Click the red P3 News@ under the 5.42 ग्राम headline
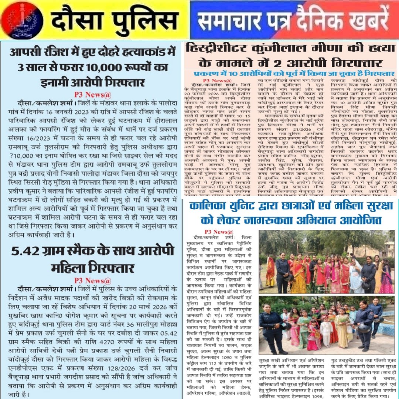[x=92, y=280]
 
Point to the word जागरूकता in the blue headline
[x=280, y=221]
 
